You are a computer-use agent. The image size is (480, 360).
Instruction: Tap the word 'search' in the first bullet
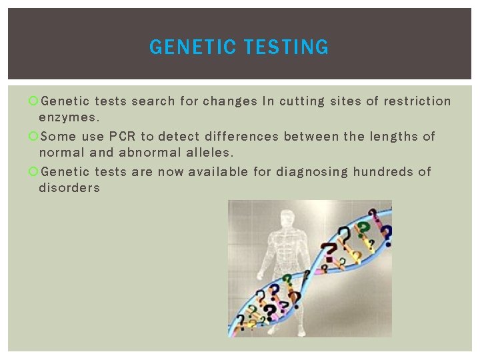153,101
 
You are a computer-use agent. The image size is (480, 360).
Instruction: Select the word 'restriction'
417,101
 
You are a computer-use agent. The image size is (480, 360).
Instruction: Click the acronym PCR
122,137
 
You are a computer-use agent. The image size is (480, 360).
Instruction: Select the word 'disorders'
69,188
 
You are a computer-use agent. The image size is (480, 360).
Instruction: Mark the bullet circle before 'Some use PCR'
33,137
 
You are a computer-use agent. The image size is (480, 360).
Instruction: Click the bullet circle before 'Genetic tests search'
33,101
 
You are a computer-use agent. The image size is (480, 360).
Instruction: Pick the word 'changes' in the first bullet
230,101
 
